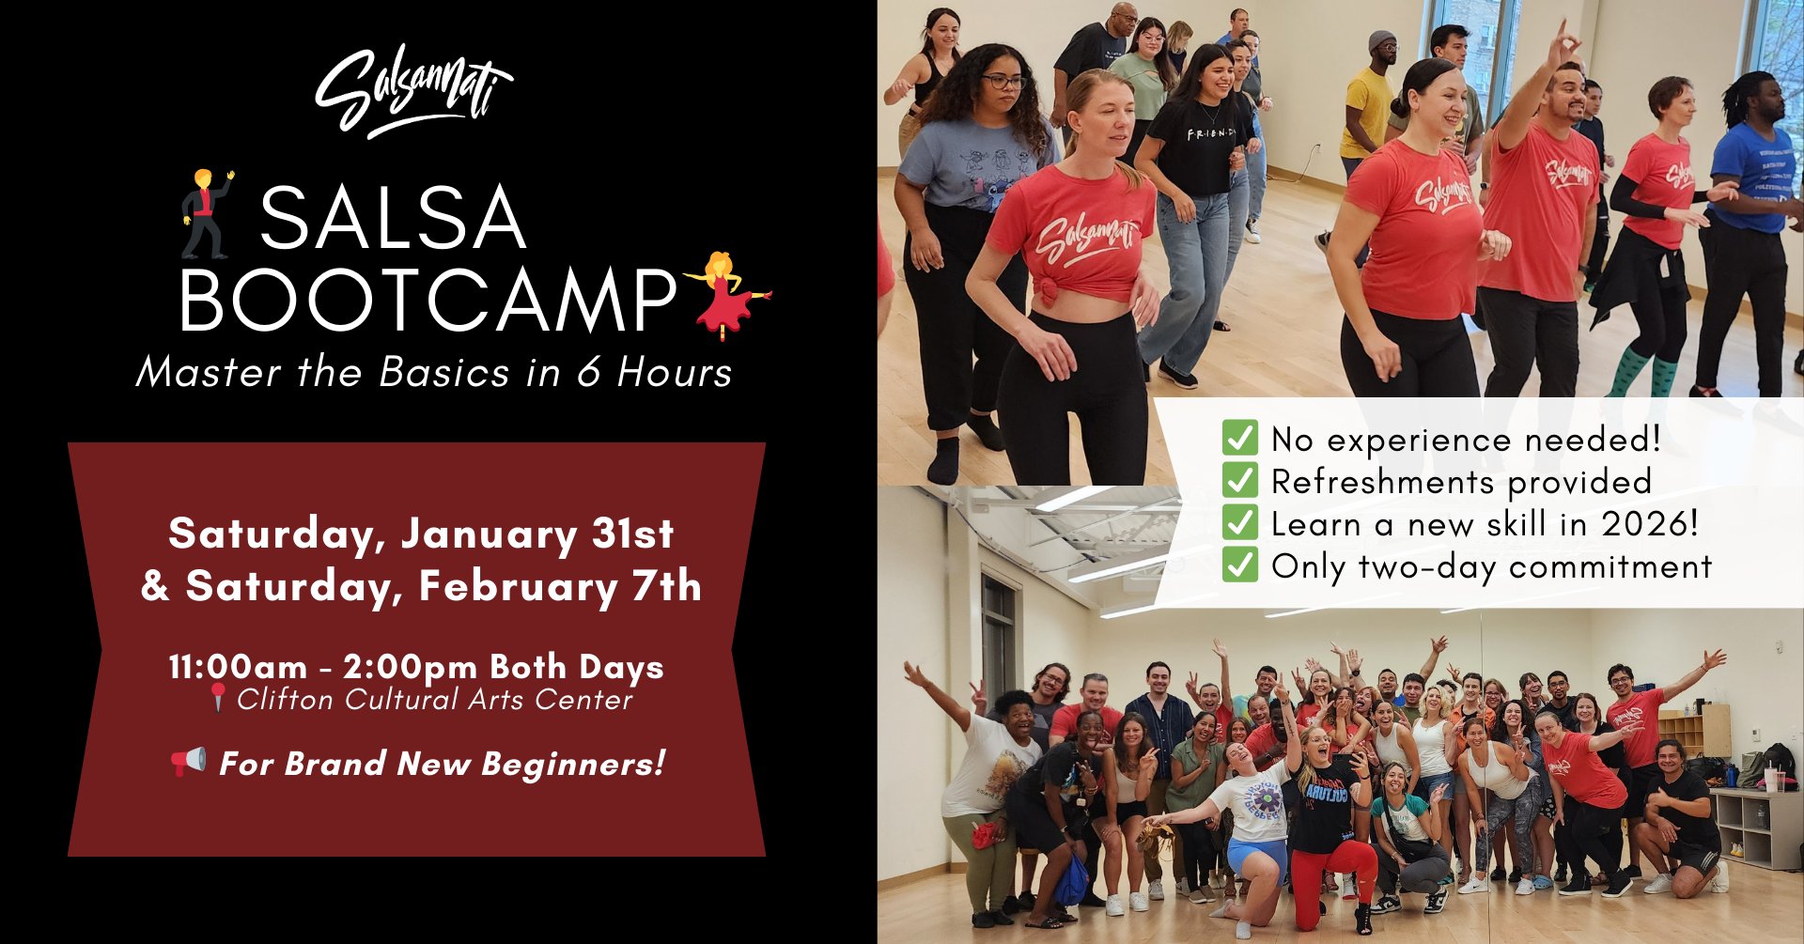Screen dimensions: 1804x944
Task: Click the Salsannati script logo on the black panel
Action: point(413,91)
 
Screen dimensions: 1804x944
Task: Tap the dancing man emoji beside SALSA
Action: point(207,213)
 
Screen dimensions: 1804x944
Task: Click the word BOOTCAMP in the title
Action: point(428,301)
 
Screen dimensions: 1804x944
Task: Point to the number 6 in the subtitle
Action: point(588,372)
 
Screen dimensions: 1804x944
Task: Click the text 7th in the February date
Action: point(667,586)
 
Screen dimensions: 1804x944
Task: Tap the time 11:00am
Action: point(238,667)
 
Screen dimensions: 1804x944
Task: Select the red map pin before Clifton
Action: point(218,697)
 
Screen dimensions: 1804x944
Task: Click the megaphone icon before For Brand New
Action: point(188,762)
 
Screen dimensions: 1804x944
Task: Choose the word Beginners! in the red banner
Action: point(573,765)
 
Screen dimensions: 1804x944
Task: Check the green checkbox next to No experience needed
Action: point(1239,438)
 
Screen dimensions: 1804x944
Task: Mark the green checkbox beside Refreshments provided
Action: point(1239,480)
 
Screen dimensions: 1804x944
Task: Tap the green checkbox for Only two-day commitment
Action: point(1239,565)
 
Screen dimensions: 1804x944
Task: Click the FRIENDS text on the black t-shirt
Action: point(1211,134)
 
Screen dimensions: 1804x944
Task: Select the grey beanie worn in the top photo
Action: point(1381,39)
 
